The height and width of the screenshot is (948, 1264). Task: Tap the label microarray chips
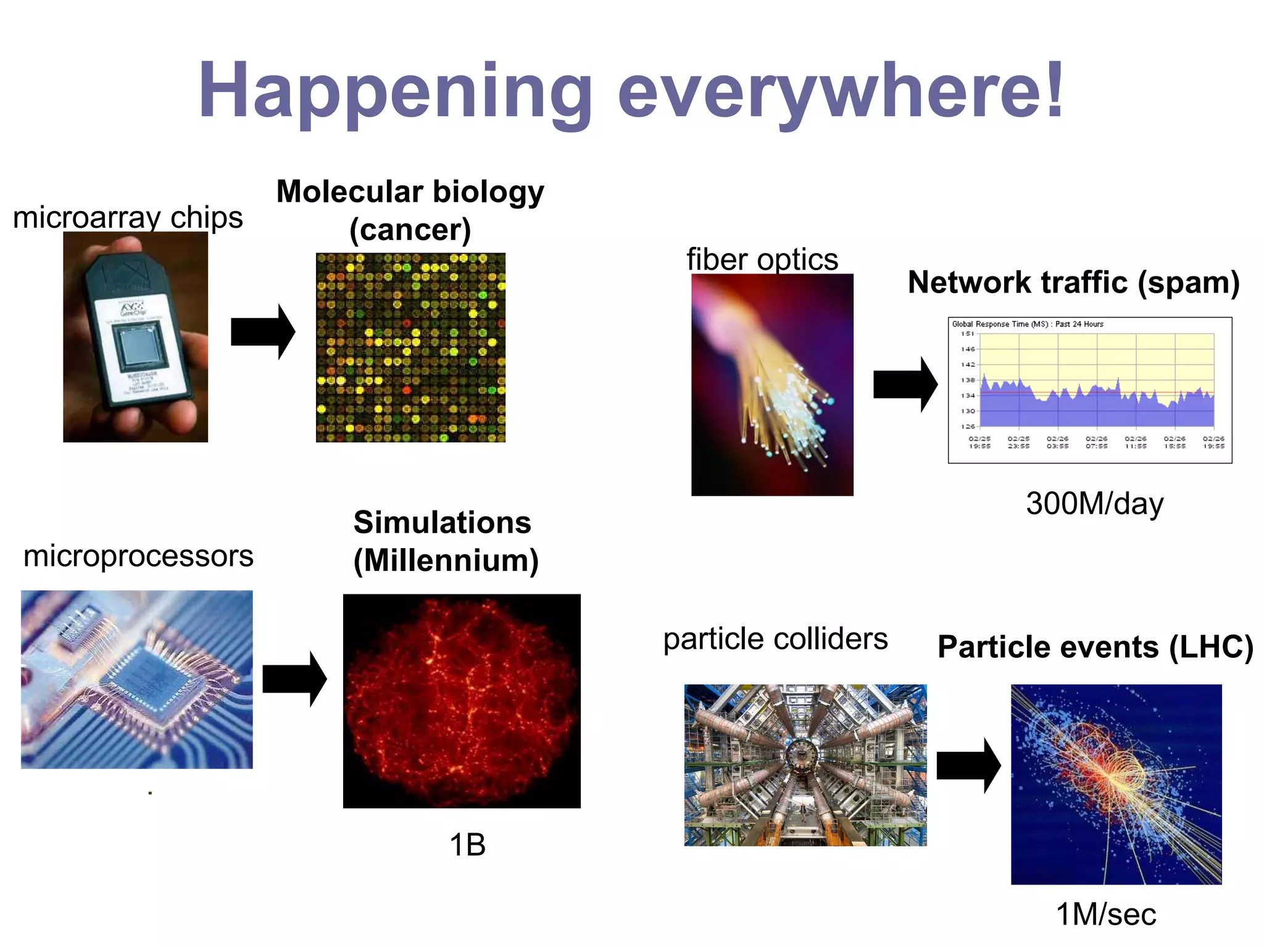(128, 217)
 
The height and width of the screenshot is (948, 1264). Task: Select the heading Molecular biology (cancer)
(410, 210)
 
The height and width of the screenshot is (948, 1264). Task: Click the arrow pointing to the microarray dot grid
(262, 331)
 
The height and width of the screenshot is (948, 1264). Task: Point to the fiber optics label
(762, 259)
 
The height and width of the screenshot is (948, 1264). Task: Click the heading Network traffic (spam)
(1074, 283)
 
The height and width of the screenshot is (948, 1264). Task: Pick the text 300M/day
(1094, 504)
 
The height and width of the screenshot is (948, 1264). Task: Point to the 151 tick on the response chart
(967, 334)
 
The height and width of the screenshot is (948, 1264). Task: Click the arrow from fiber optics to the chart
(905, 385)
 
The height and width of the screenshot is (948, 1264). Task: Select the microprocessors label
(138, 556)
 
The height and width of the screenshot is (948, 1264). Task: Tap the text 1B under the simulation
(467, 845)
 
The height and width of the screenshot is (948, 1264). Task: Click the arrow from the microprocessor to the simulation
(294, 679)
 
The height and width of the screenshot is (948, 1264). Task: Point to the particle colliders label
(775, 639)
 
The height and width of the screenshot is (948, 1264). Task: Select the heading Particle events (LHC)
(1096, 647)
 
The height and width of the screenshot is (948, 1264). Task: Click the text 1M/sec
(1106, 914)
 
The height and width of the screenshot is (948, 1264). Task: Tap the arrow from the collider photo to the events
(968, 765)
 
